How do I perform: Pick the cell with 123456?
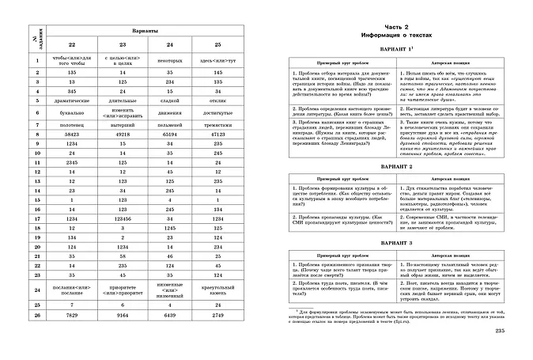pyautogui.click(x=123, y=218)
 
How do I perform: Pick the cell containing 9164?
pyautogui.click(x=123, y=315)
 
